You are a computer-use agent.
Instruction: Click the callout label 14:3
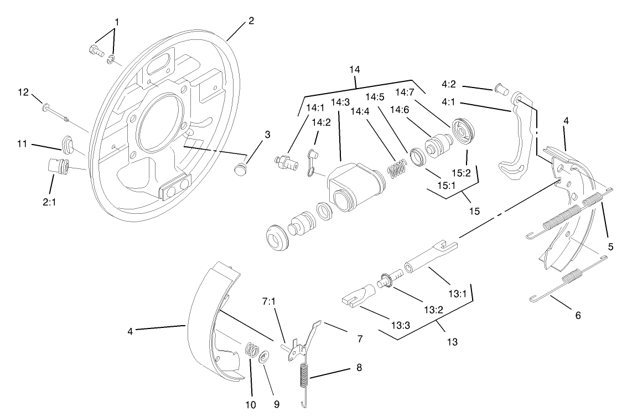340,102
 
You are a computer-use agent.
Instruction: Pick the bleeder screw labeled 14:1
284,162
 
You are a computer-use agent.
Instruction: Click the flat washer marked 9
263,355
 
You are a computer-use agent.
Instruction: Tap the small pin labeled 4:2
501,88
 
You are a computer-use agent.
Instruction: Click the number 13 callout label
452,342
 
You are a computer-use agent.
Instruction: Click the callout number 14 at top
355,70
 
